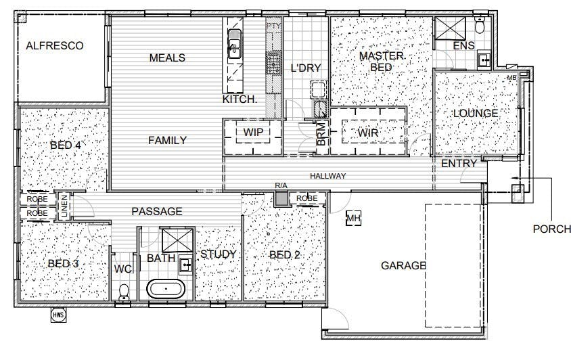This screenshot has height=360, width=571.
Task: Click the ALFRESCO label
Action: coord(55,45)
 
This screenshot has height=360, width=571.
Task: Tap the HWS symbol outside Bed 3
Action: coord(58,315)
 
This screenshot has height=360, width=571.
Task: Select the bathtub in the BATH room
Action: coord(165,288)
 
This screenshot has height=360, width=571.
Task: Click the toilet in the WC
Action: coord(124,292)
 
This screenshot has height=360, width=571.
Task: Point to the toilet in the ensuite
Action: coord(480,25)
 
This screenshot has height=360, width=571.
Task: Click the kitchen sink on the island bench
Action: coord(234,44)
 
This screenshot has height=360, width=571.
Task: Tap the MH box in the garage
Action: coord(353,219)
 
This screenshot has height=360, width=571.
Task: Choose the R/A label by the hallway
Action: coord(281,185)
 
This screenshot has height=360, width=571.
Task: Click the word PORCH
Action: coord(551,229)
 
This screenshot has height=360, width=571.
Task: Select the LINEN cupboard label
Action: coord(64,206)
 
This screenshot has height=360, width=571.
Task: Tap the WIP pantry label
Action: coord(253,132)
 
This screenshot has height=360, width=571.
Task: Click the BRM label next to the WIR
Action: coord(321,134)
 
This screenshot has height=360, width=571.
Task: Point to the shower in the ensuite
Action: coord(450,28)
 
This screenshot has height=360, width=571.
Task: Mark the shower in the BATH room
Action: coord(177,240)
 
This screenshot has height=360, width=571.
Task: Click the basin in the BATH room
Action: coord(186,264)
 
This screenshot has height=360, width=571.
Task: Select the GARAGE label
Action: coord(403,266)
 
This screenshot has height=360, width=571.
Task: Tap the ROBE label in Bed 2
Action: coord(306,198)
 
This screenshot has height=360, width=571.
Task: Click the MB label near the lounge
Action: coord(511,78)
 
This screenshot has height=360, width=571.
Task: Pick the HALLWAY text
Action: coord(327,176)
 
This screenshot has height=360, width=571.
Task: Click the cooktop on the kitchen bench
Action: coord(272,63)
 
